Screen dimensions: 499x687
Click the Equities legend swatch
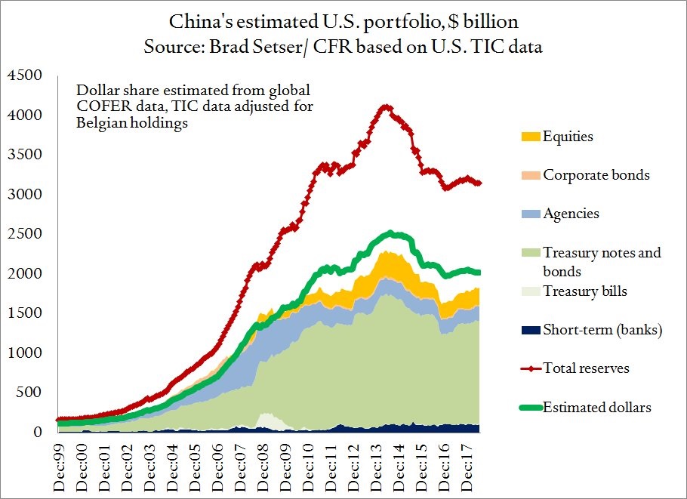530,137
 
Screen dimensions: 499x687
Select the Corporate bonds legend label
596,174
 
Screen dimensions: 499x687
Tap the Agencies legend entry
571,213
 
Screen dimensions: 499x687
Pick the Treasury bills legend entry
585,291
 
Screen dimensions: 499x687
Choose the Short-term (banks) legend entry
602,330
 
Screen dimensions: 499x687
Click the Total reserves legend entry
586,368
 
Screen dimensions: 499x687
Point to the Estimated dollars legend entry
596,408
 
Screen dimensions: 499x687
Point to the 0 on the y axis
39,432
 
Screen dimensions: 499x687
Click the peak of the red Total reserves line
386,106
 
